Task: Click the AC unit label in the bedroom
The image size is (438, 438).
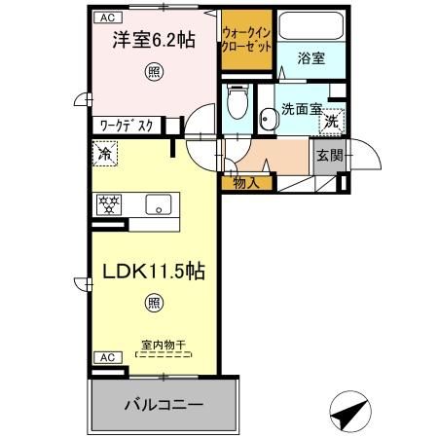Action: (108, 18)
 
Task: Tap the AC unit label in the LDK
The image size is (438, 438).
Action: (108, 357)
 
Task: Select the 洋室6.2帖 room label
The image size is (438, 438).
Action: (154, 40)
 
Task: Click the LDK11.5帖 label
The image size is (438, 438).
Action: (154, 272)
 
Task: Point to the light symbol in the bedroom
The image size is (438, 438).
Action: (154, 72)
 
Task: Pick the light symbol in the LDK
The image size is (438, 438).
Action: (154, 303)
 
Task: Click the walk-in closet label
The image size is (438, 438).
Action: (246, 40)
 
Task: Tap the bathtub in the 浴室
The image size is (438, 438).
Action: (311, 25)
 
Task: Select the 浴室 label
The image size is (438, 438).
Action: (311, 58)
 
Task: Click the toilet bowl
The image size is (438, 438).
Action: (237, 104)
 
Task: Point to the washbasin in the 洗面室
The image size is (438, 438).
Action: (270, 119)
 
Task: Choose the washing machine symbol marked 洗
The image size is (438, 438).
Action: (332, 122)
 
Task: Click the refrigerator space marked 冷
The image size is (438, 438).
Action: (105, 154)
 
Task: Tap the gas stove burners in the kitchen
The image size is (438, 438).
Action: (109, 204)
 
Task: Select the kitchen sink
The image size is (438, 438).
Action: (159, 204)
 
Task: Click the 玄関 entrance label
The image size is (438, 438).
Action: (330, 156)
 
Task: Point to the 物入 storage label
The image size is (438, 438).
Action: (246, 184)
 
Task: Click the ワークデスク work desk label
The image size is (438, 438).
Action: (127, 126)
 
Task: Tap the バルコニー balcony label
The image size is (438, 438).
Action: (164, 405)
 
